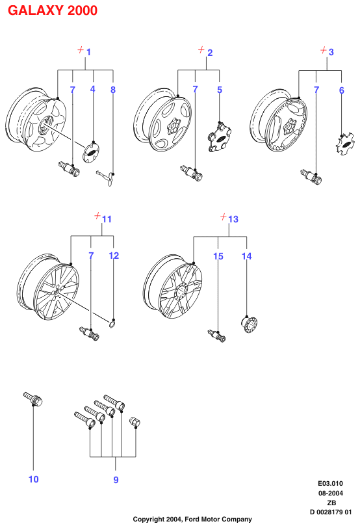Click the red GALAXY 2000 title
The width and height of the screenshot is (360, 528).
click(53, 10)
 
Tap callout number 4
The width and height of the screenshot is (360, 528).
click(92, 89)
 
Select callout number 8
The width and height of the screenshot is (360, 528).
click(113, 90)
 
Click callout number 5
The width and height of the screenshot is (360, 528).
click(220, 90)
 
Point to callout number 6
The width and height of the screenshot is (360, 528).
click(342, 90)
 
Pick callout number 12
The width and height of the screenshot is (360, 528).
click(114, 256)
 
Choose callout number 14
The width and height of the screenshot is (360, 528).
click(247, 256)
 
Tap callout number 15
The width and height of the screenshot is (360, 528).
click(218, 256)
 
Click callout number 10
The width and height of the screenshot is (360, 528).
click(33, 479)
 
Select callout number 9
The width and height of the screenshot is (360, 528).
click(116, 480)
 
